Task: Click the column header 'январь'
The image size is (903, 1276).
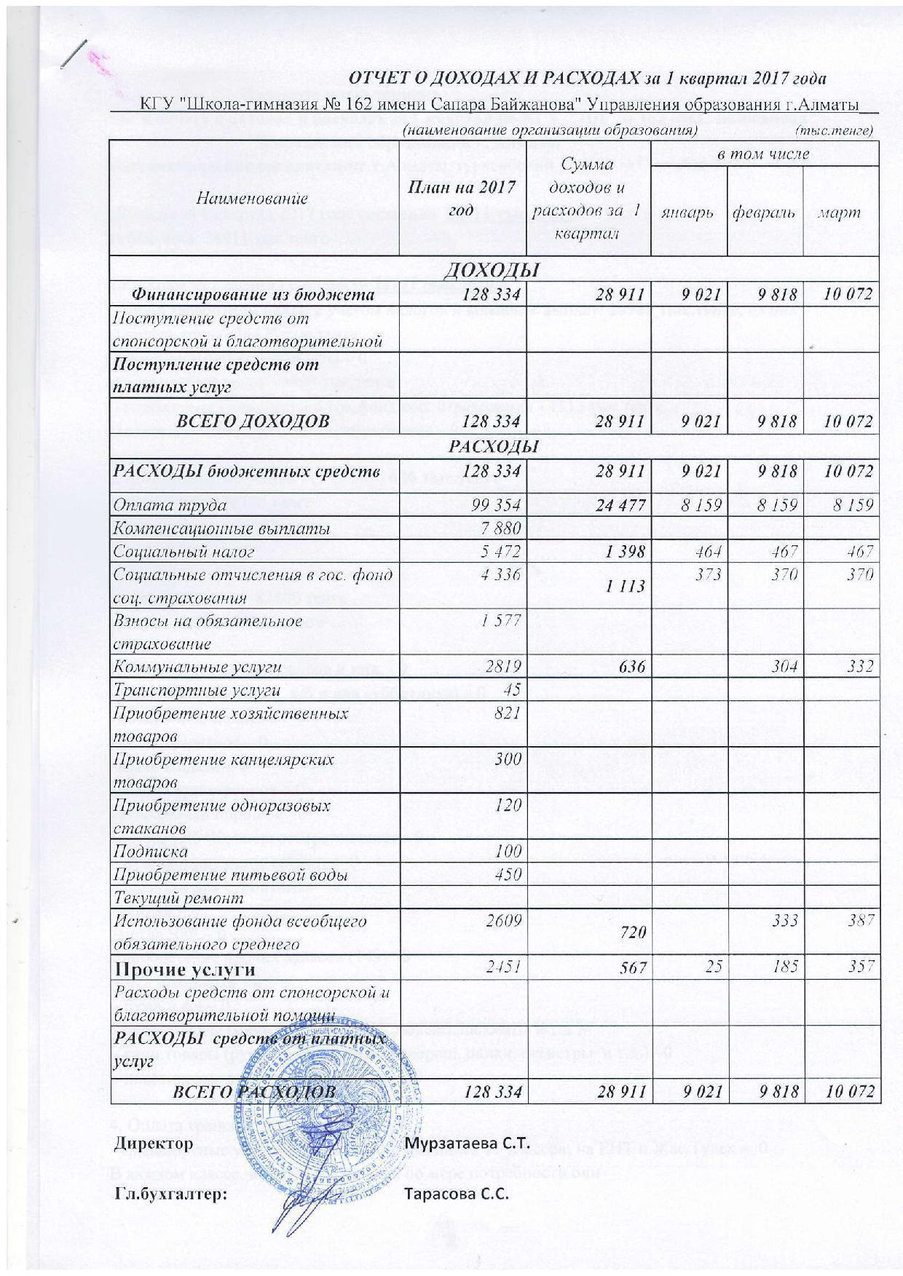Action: [688, 213]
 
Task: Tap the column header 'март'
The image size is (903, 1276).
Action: [839, 213]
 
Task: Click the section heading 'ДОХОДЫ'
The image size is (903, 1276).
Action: [491, 271]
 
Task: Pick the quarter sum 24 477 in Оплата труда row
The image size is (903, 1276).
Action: [621, 504]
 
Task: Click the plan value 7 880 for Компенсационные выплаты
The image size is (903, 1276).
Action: [501, 528]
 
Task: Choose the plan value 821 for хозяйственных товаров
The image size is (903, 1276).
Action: [509, 713]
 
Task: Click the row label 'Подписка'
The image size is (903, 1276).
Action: [149, 851]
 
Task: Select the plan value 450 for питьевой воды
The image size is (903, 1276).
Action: [508, 873]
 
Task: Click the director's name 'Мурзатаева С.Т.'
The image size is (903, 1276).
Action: [466, 1143]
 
